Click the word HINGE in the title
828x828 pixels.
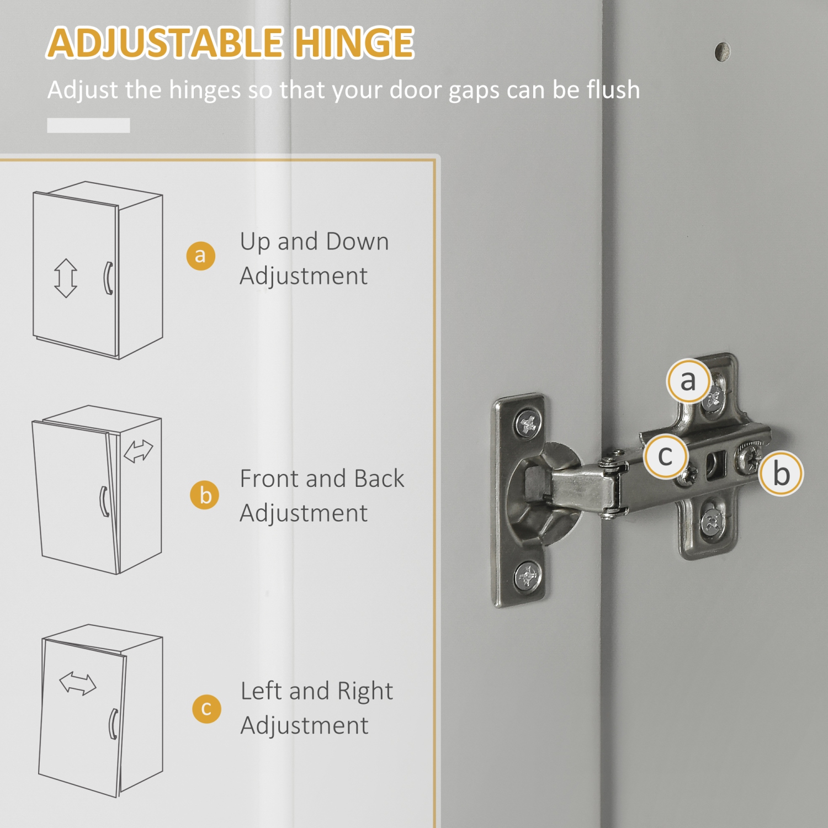(x=353, y=43)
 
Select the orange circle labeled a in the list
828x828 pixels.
(x=200, y=256)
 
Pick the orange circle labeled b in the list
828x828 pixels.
(x=205, y=495)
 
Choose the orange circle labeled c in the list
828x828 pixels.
(x=206, y=708)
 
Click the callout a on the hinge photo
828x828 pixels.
(x=688, y=381)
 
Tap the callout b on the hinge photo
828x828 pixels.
(x=781, y=474)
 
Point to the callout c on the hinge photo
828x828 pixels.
(x=665, y=456)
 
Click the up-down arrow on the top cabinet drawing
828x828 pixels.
(x=66, y=278)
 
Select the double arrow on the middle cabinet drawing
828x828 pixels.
(x=138, y=450)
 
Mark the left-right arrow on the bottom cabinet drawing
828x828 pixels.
(x=78, y=683)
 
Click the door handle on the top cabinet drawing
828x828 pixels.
(x=108, y=278)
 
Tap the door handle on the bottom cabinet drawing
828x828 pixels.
(x=114, y=724)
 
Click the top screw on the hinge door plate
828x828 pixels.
(x=528, y=424)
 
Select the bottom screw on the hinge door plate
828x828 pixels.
(x=527, y=577)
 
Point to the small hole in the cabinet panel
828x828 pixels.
(x=722, y=52)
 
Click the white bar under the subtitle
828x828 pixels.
(x=88, y=125)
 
